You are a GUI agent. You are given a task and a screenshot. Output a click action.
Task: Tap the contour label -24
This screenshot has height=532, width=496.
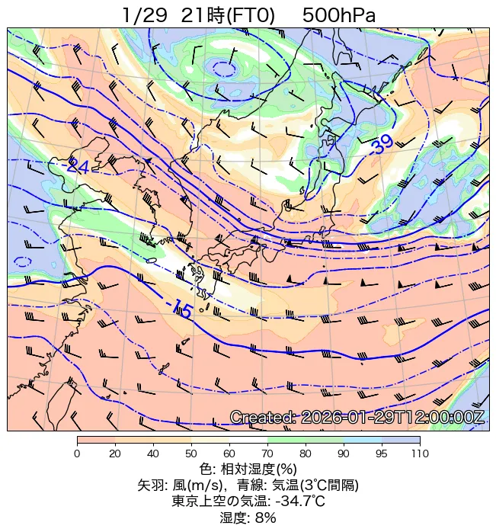[76, 166]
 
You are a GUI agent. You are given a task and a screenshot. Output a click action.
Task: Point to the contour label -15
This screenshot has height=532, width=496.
[181, 309]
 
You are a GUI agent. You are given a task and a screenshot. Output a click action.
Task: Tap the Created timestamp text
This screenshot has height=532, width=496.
[357, 418]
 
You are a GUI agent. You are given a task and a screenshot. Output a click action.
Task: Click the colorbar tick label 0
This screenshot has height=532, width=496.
[77, 453]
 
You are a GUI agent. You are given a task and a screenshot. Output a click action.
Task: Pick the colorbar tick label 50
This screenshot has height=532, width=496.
[191, 453]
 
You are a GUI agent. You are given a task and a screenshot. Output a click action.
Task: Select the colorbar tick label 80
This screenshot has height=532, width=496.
[306, 453]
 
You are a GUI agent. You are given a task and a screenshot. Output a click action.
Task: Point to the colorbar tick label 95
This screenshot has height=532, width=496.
[382, 453]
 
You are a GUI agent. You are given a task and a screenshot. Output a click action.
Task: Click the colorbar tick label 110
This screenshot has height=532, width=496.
[419, 453]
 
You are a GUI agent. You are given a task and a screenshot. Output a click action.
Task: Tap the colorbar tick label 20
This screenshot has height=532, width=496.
[115, 453]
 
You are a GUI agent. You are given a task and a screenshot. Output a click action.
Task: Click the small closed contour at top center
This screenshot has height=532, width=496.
[224, 69]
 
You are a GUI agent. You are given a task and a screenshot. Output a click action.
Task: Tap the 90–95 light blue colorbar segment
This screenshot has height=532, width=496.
[363, 440]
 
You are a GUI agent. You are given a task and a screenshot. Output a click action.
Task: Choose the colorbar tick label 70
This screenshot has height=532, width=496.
[267, 453]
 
